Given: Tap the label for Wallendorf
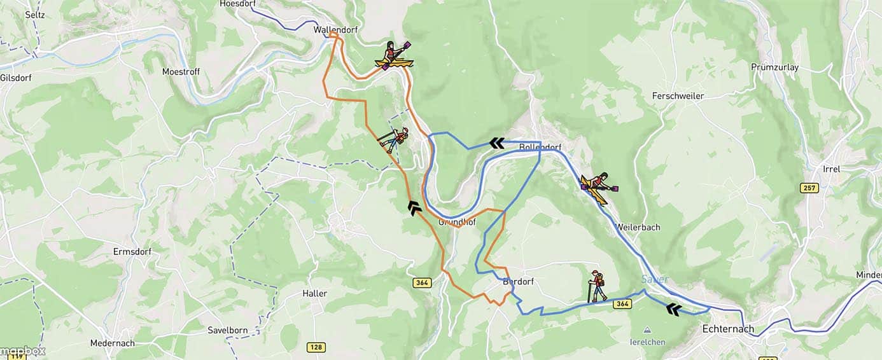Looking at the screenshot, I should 333,30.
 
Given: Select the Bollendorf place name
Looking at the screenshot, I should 540,148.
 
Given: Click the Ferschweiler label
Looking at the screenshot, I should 678,96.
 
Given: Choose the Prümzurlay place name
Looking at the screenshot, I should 774,67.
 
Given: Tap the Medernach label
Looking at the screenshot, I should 112,343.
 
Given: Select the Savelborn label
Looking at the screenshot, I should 227,330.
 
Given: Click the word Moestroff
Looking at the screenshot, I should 181,72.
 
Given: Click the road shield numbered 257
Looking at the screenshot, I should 809,188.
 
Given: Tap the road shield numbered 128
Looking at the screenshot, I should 316,347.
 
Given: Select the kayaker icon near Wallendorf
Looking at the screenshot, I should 395,55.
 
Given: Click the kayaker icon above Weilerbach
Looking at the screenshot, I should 598,188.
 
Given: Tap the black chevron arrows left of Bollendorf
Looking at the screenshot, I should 497,143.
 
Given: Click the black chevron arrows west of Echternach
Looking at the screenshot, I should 673,310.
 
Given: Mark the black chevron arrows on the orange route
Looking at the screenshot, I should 414,207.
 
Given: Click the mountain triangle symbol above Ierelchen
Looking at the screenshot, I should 647,330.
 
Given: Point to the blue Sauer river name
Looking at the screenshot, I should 655,279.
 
